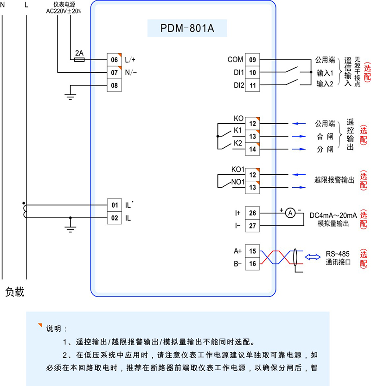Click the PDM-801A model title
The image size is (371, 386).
coord(187,28)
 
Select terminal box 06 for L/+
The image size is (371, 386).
coord(114,60)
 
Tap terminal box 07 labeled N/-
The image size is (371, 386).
coord(114,73)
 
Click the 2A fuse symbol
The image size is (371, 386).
coord(79,60)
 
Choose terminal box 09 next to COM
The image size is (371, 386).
coord(252,60)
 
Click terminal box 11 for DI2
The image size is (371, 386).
coord(252,86)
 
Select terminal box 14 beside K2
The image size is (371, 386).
coord(252,149)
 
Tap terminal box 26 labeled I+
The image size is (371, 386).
coord(252,213)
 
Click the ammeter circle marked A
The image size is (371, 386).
coord(290,213)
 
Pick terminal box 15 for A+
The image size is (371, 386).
coord(252,251)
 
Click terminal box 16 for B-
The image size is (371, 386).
coord(252,264)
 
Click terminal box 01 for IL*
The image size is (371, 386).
coord(114,205)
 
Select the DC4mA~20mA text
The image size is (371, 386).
coord(333,215)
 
